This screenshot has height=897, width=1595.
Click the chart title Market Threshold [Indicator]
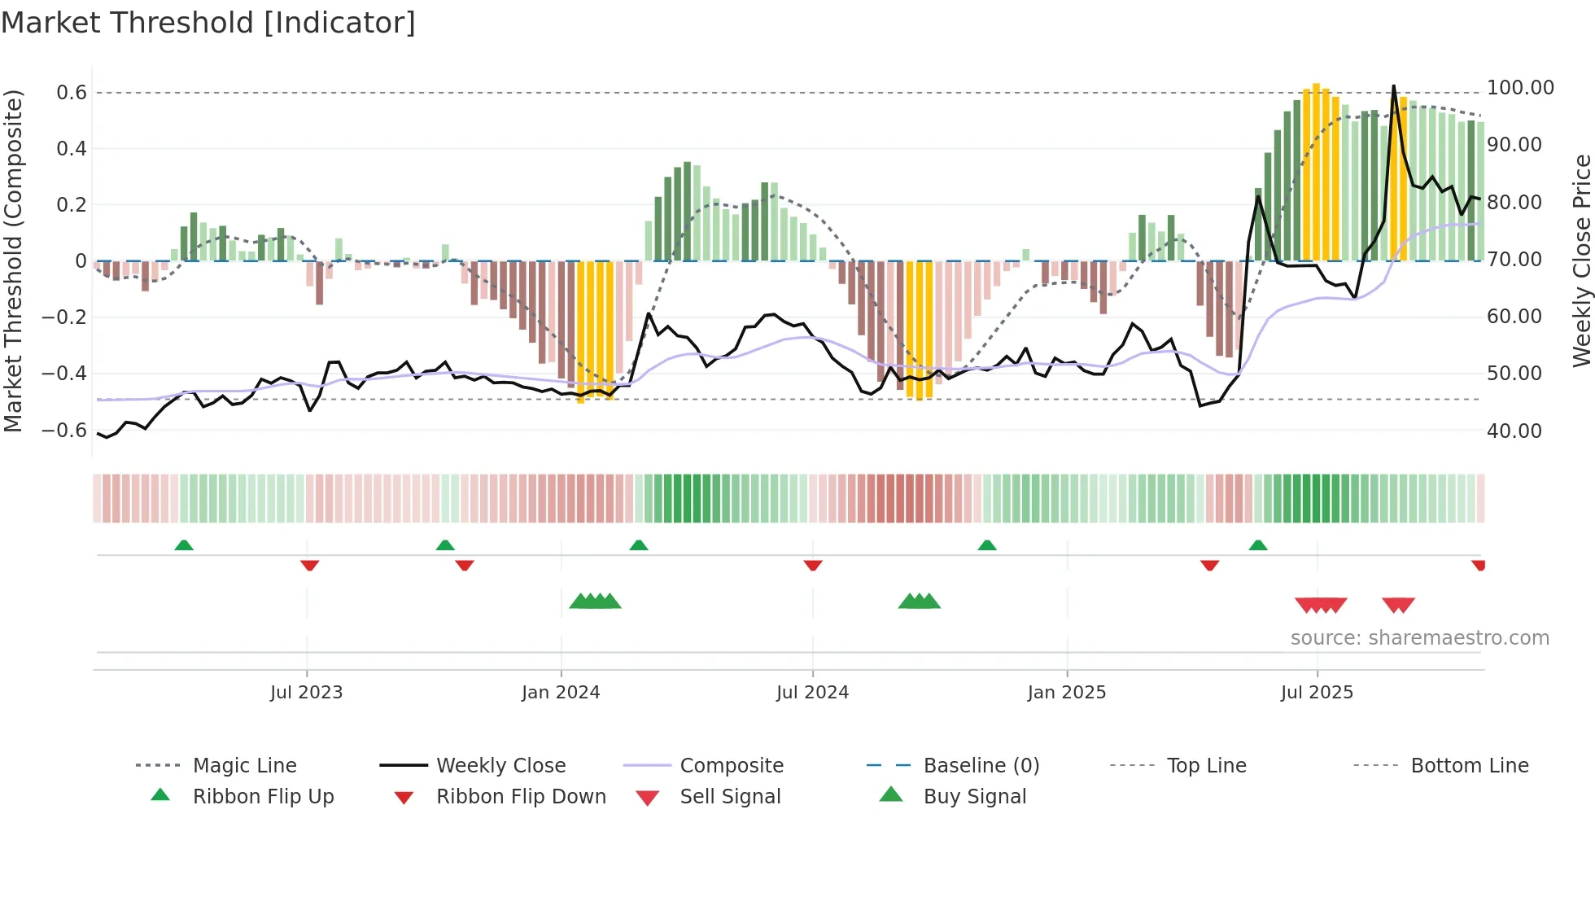click(x=208, y=23)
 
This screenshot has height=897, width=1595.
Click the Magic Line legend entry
click(x=244, y=766)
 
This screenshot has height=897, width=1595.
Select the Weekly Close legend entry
click(x=500, y=766)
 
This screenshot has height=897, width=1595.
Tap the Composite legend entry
click(x=731, y=766)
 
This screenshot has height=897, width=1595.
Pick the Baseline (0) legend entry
click(x=981, y=766)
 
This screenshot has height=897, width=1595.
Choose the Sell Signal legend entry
click(x=729, y=797)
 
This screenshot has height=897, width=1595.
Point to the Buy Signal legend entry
click(x=974, y=797)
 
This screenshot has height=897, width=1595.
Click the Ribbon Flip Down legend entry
click(x=521, y=797)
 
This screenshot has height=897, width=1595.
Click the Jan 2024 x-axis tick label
click(x=561, y=693)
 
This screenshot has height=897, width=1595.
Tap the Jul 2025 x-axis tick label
click(x=1317, y=693)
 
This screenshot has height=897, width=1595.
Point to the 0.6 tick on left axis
click(x=71, y=93)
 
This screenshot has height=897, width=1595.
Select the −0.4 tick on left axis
click(x=64, y=374)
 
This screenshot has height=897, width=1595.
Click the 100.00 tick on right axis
click(x=1520, y=88)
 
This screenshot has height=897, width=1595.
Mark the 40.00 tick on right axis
click(x=1514, y=431)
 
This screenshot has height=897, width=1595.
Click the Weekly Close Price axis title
click(x=1581, y=260)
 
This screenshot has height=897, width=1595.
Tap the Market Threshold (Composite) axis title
click(x=13, y=260)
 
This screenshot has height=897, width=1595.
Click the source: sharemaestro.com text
click(x=1419, y=638)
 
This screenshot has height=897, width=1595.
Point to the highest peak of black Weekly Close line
click(x=1393, y=86)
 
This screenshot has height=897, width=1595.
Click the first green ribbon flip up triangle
click(x=184, y=545)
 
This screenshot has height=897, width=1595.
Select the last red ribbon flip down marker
click(x=1479, y=565)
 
